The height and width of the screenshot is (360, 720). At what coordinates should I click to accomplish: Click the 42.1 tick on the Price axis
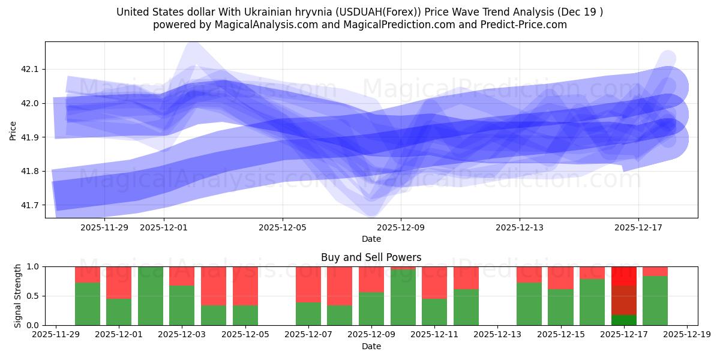click(29, 70)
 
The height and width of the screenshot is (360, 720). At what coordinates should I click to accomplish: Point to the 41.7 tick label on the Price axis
click(29, 205)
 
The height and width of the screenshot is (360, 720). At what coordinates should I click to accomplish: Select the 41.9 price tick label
click(29, 137)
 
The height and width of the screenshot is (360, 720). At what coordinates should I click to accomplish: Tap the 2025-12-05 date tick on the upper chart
click(283, 228)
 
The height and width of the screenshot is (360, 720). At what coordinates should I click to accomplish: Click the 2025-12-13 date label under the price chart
click(520, 228)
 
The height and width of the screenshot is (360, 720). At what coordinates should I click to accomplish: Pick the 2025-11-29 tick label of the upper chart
click(104, 228)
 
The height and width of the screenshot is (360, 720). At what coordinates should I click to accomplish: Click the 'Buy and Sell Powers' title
click(371, 257)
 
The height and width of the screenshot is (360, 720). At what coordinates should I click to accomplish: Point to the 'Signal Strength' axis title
click(18, 295)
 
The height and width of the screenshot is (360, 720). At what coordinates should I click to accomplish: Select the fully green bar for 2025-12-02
click(151, 296)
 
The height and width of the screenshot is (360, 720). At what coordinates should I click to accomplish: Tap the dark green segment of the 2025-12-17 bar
click(624, 320)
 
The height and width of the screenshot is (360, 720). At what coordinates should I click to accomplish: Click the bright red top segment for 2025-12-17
click(624, 275)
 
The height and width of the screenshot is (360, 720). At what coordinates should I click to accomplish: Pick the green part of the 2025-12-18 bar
click(655, 301)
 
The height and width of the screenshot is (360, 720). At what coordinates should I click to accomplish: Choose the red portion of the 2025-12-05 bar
click(245, 286)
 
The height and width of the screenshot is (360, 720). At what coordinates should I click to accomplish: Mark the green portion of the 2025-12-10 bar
click(403, 298)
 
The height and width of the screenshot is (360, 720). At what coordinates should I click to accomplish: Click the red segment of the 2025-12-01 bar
click(119, 282)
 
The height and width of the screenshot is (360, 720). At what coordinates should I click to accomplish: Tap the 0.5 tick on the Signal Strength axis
click(34, 296)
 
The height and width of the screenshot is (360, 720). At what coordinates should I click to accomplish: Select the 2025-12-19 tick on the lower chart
click(686, 335)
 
